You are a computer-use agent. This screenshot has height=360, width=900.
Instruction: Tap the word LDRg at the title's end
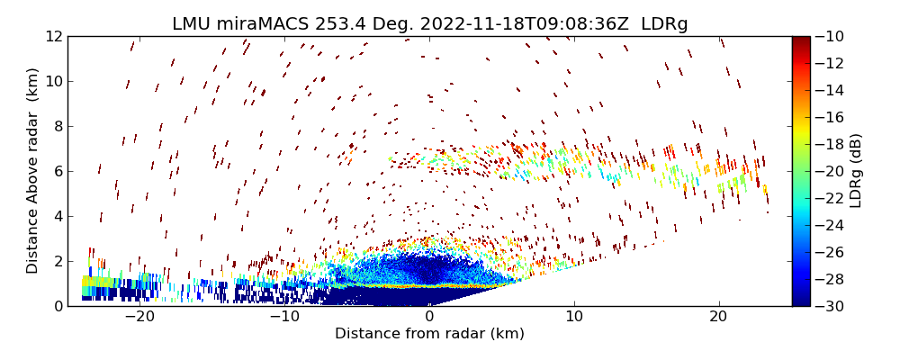664,24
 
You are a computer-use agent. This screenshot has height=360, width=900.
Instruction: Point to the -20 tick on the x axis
139,317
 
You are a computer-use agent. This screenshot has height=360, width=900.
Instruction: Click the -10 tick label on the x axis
284,317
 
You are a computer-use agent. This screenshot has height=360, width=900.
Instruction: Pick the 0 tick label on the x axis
429,317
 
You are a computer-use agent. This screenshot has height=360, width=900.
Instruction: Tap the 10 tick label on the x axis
574,317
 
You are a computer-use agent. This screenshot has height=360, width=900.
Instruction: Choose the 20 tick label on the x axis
718,317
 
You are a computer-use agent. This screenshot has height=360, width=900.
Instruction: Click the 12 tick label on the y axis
54,37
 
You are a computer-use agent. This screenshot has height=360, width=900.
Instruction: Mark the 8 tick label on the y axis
58,127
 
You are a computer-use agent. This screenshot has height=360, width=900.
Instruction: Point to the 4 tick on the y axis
58,216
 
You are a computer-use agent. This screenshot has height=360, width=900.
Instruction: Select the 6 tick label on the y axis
58,171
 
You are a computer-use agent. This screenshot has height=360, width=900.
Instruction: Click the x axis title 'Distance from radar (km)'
429,334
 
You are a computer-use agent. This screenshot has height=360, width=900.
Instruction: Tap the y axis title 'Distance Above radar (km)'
33,171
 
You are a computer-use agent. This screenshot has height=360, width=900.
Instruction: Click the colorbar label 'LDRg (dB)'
856,171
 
